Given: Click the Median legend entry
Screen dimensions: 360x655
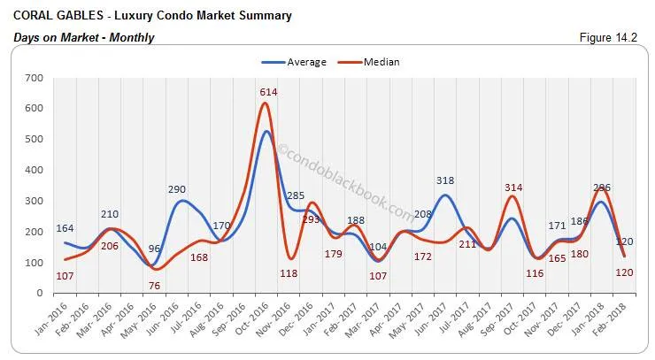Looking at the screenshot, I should (x=379, y=62).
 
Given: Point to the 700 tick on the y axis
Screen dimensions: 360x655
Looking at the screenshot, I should (x=34, y=79).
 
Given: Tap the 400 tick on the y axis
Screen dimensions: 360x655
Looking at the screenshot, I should (x=34, y=171).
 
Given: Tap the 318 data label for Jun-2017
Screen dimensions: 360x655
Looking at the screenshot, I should (x=444, y=181).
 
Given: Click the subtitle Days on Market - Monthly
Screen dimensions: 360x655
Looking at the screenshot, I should (x=84, y=38).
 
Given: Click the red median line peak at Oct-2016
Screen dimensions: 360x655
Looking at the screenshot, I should (x=264, y=103).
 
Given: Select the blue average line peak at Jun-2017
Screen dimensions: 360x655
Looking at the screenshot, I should (x=444, y=195).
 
